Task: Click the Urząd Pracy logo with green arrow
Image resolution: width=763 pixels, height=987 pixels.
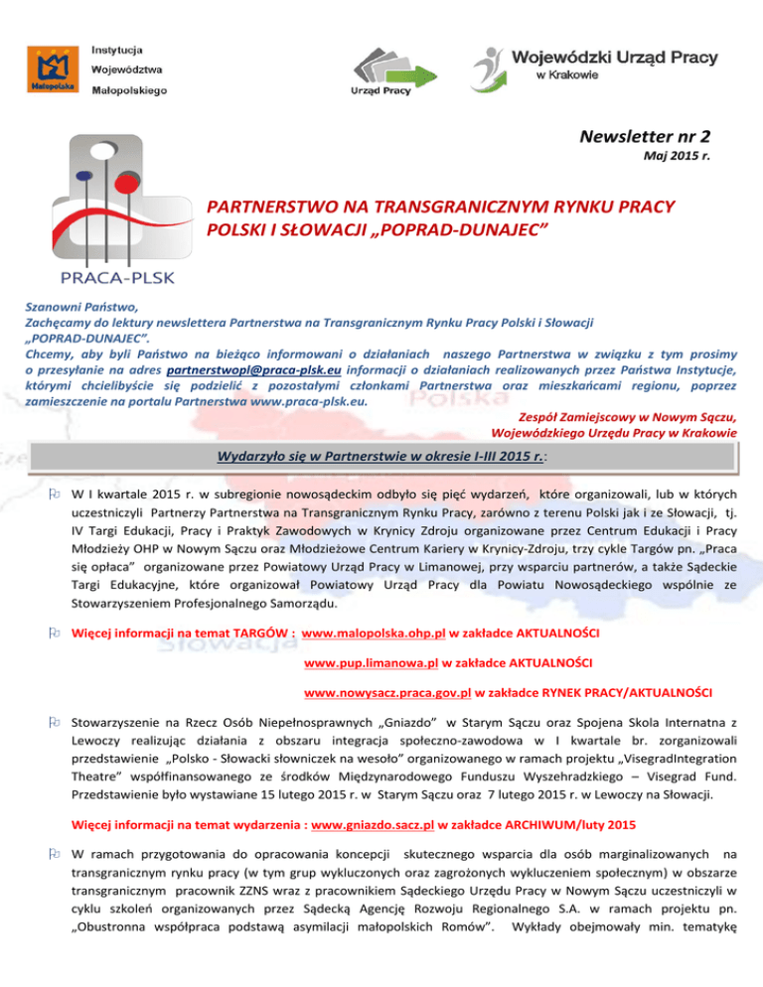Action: pyautogui.click(x=386, y=66)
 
